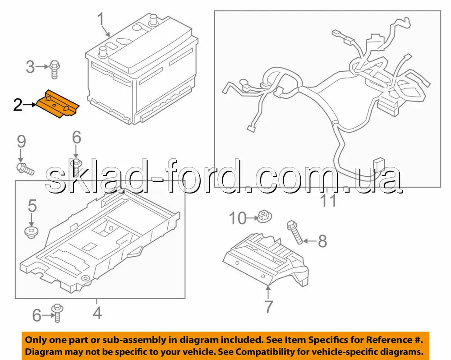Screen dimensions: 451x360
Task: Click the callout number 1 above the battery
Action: tap(101, 19)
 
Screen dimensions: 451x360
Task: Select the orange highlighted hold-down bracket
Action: tap(57, 104)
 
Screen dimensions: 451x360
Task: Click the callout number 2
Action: tap(18, 105)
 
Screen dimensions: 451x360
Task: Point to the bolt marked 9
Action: tap(25, 169)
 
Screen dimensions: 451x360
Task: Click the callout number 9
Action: tap(22, 142)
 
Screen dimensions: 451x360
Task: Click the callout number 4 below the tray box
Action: tap(97, 313)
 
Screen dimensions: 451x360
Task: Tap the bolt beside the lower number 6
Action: tap(57, 313)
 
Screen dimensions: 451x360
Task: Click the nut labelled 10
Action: tap(264, 217)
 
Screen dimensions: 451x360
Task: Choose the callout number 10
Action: tap(238, 218)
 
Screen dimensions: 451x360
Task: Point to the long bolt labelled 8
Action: tap(295, 232)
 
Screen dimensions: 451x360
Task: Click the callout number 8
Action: tap(322, 241)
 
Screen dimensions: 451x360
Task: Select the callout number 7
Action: tap(268, 307)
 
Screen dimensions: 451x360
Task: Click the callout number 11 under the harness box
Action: tap(328, 201)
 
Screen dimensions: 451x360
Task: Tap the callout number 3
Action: tap(30, 67)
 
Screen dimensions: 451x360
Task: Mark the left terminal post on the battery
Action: tap(103, 52)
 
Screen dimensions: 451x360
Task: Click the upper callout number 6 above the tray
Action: tap(77, 138)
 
